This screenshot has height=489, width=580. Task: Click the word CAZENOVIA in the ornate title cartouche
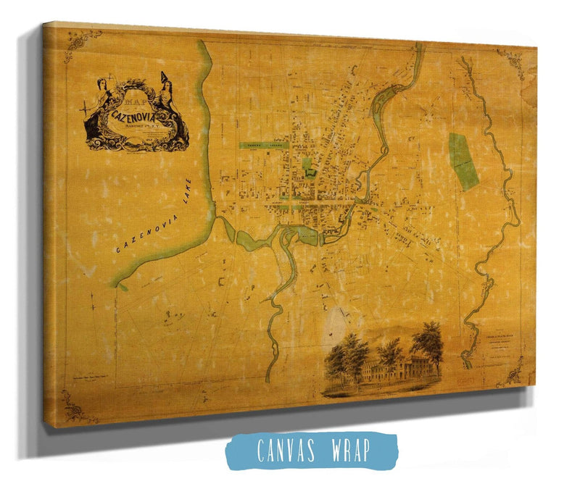click(136, 114)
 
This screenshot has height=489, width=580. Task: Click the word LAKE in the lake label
click(188, 194)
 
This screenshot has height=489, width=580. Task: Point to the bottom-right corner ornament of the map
click(515, 372)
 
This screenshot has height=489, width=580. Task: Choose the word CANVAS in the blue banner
click(281, 451)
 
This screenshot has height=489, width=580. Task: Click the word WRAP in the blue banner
click(349, 451)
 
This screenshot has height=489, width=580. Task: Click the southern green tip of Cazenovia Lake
click(122, 285)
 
